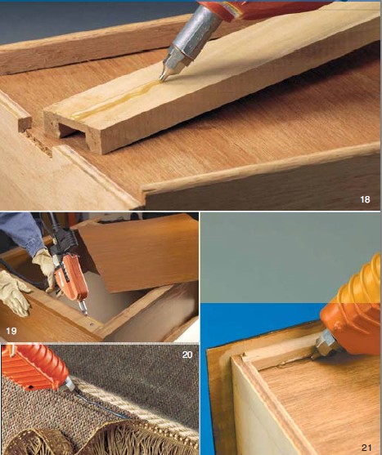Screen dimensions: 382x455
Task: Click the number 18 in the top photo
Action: coord(365,199)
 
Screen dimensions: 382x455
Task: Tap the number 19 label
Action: coord(11,331)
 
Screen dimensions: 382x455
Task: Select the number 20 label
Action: coord(187,355)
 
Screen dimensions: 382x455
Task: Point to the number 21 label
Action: coord(366,448)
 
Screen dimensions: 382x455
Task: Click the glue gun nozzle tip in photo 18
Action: coord(161,78)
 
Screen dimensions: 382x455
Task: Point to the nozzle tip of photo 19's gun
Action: coord(85,313)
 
